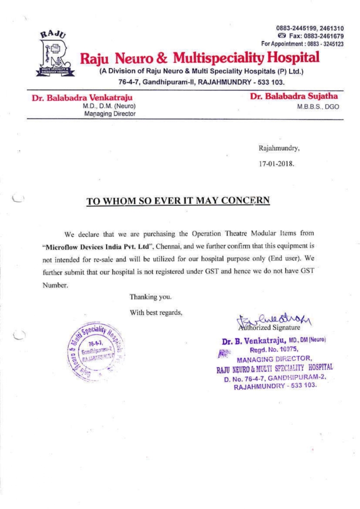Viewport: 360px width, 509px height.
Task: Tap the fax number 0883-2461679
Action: (x=320, y=37)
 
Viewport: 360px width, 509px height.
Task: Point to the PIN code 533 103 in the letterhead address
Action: (x=272, y=81)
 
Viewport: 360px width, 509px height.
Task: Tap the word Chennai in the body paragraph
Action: (x=171, y=245)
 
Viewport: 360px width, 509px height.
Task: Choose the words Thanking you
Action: (x=151, y=297)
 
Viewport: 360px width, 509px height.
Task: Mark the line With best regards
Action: (x=156, y=312)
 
